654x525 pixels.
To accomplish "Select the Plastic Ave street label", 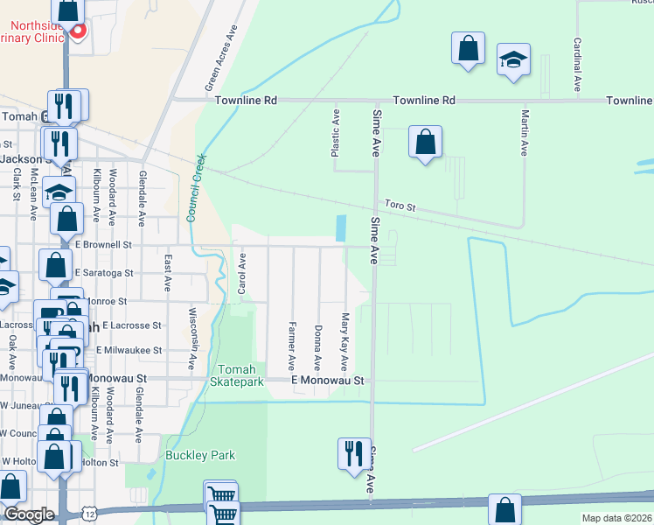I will coord(334,132).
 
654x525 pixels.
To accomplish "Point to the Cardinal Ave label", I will coord(577,66).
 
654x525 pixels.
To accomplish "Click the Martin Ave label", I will coord(525,132).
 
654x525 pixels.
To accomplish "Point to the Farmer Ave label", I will coord(291,345).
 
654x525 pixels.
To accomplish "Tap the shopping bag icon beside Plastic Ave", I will coord(425,142).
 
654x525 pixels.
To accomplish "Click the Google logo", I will coord(28,514).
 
